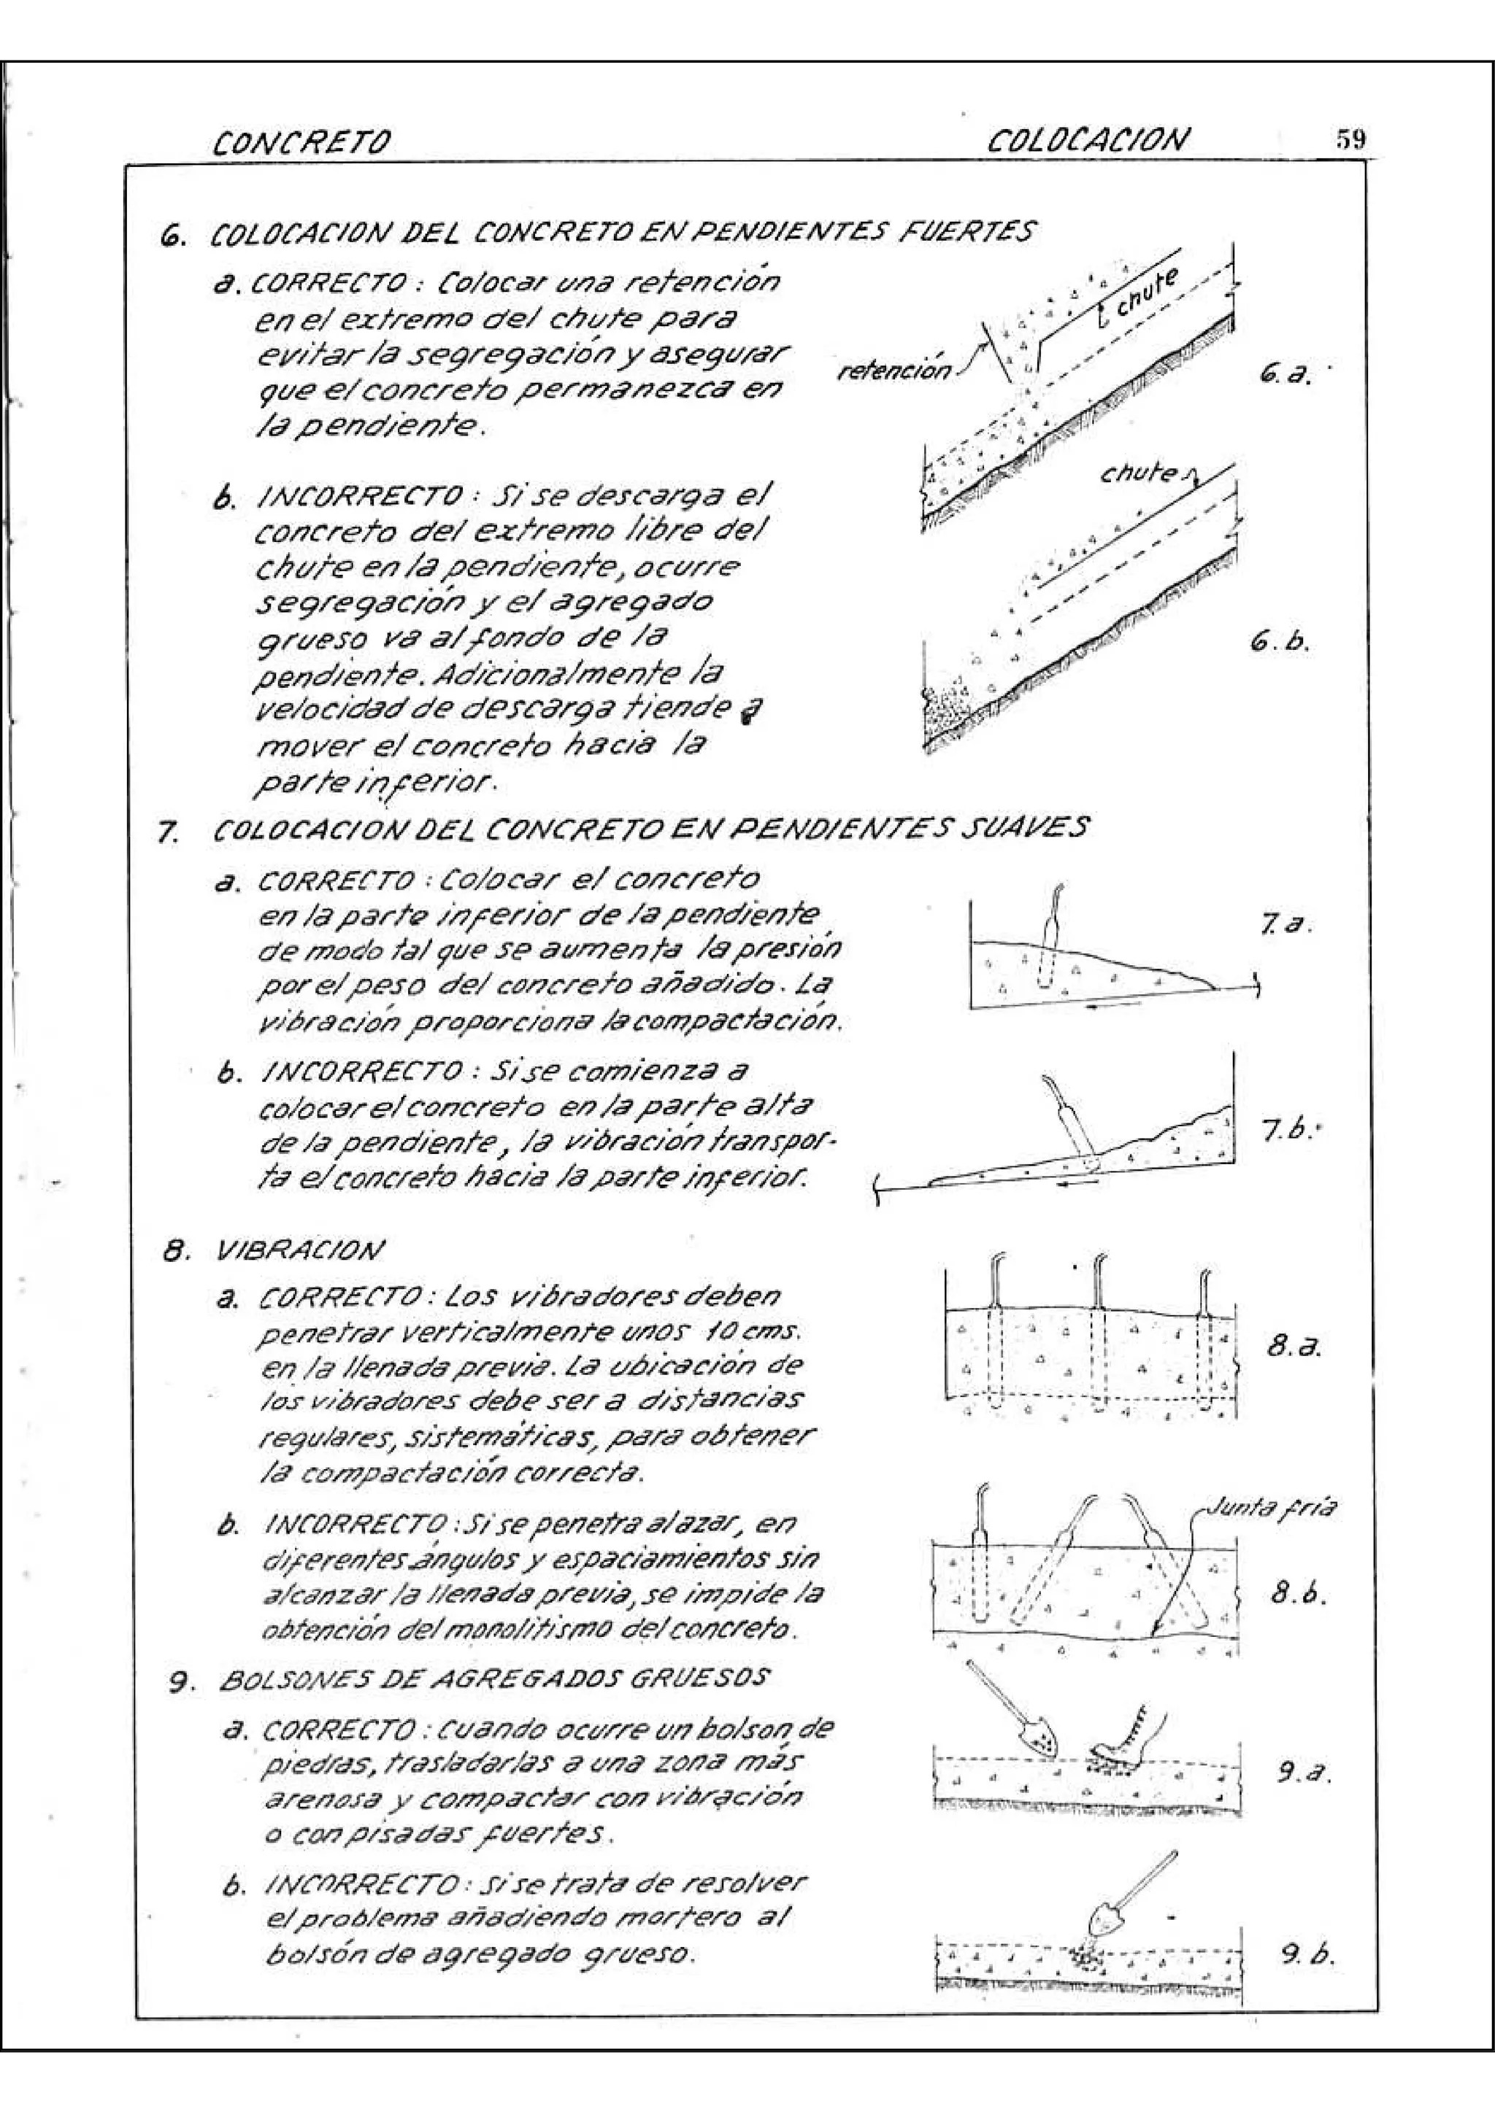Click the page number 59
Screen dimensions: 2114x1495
1350,139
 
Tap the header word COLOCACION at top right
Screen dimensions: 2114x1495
1088,141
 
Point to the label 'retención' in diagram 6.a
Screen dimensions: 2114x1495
894,371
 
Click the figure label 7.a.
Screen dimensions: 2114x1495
1283,924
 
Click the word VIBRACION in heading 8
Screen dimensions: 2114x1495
296,1251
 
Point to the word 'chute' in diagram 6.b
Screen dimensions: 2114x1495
1139,475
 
